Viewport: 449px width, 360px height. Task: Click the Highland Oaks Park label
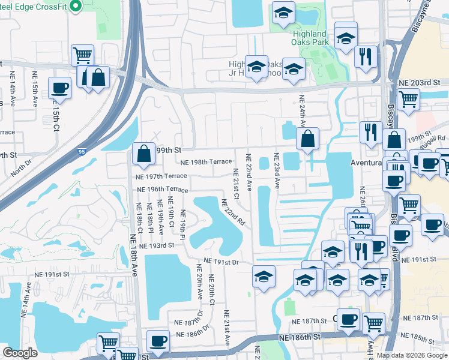click(310, 38)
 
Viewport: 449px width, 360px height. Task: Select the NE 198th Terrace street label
click(206, 162)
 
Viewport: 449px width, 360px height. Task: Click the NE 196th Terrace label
click(161, 190)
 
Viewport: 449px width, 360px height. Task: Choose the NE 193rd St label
click(156, 245)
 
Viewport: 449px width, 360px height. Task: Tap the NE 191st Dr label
click(221, 262)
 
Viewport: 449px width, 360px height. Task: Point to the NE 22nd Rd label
click(234, 212)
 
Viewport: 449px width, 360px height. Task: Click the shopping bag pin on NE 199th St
click(144, 154)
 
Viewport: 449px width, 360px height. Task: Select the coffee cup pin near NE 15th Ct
click(59, 88)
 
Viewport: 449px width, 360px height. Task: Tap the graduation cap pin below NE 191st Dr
click(262, 277)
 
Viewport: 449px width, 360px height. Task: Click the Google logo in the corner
click(20, 353)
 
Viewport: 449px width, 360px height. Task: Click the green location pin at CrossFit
click(75, 6)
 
